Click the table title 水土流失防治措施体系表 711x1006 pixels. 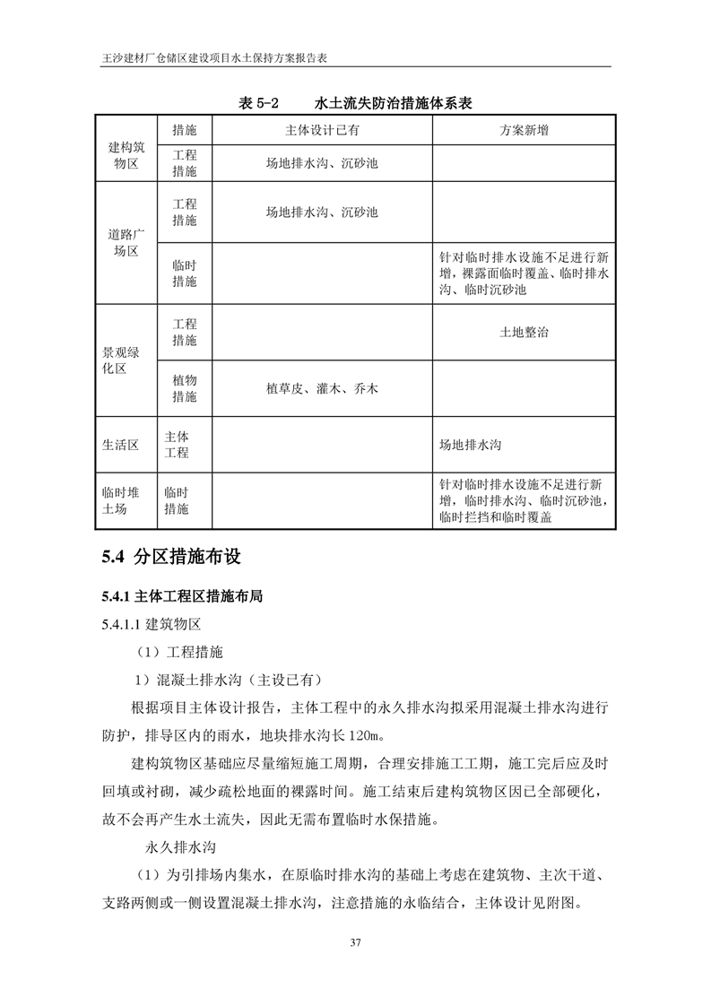pos(394,104)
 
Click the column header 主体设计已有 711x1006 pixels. pos(322,130)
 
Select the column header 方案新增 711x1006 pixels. pos(525,130)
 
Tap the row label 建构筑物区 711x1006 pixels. pos(126,155)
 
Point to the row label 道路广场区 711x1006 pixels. pos(126,243)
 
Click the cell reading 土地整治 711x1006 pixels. pos(525,332)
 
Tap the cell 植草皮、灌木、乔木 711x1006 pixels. pos(322,388)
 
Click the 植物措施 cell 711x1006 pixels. pos(185,388)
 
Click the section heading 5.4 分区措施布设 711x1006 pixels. pos(172,557)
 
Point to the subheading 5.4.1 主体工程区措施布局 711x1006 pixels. pos(182,595)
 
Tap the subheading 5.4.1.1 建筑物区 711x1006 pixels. pos(151,625)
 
